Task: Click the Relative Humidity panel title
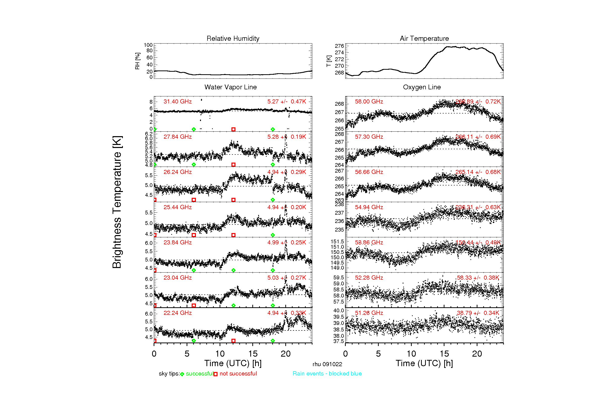pyautogui.click(x=233, y=39)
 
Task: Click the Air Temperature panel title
pyautogui.click(x=424, y=39)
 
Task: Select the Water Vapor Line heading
pyautogui.click(x=230, y=87)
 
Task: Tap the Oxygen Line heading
pyautogui.click(x=422, y=87)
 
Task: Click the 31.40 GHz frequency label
pyautogui.click(x=178, y=101)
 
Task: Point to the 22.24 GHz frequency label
pyautogui.click(x=178, y=313)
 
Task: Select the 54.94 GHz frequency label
pyautogui.click(x=369, y=207)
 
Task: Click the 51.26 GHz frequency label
pyautogui.click(x=369, y=313)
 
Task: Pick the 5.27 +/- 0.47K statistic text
pyautogui.click(x=286, y=101)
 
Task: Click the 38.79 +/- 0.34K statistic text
pyautogui.click(x=478, y=313)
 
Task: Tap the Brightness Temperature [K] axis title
pyautogui.click(x=117, y=202)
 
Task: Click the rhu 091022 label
pyautogui.click(x=327, y=364)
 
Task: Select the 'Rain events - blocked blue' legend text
pyautogui.click(x=327, y=373)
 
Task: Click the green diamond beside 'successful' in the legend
pyautogui.click(x=182, y=374)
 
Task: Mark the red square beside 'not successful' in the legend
pyautogui.click(x=216, y=374)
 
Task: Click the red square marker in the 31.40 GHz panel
pyautogui.click(x=233, y=129)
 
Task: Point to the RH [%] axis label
pyautogui.click(x=137, y=61)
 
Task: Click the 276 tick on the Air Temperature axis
pyautogui.click(x=339, y=46)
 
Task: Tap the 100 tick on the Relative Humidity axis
pyautogui.click(x=148, y=45)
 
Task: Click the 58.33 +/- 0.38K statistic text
pyautogui.click(x=478, y=278)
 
